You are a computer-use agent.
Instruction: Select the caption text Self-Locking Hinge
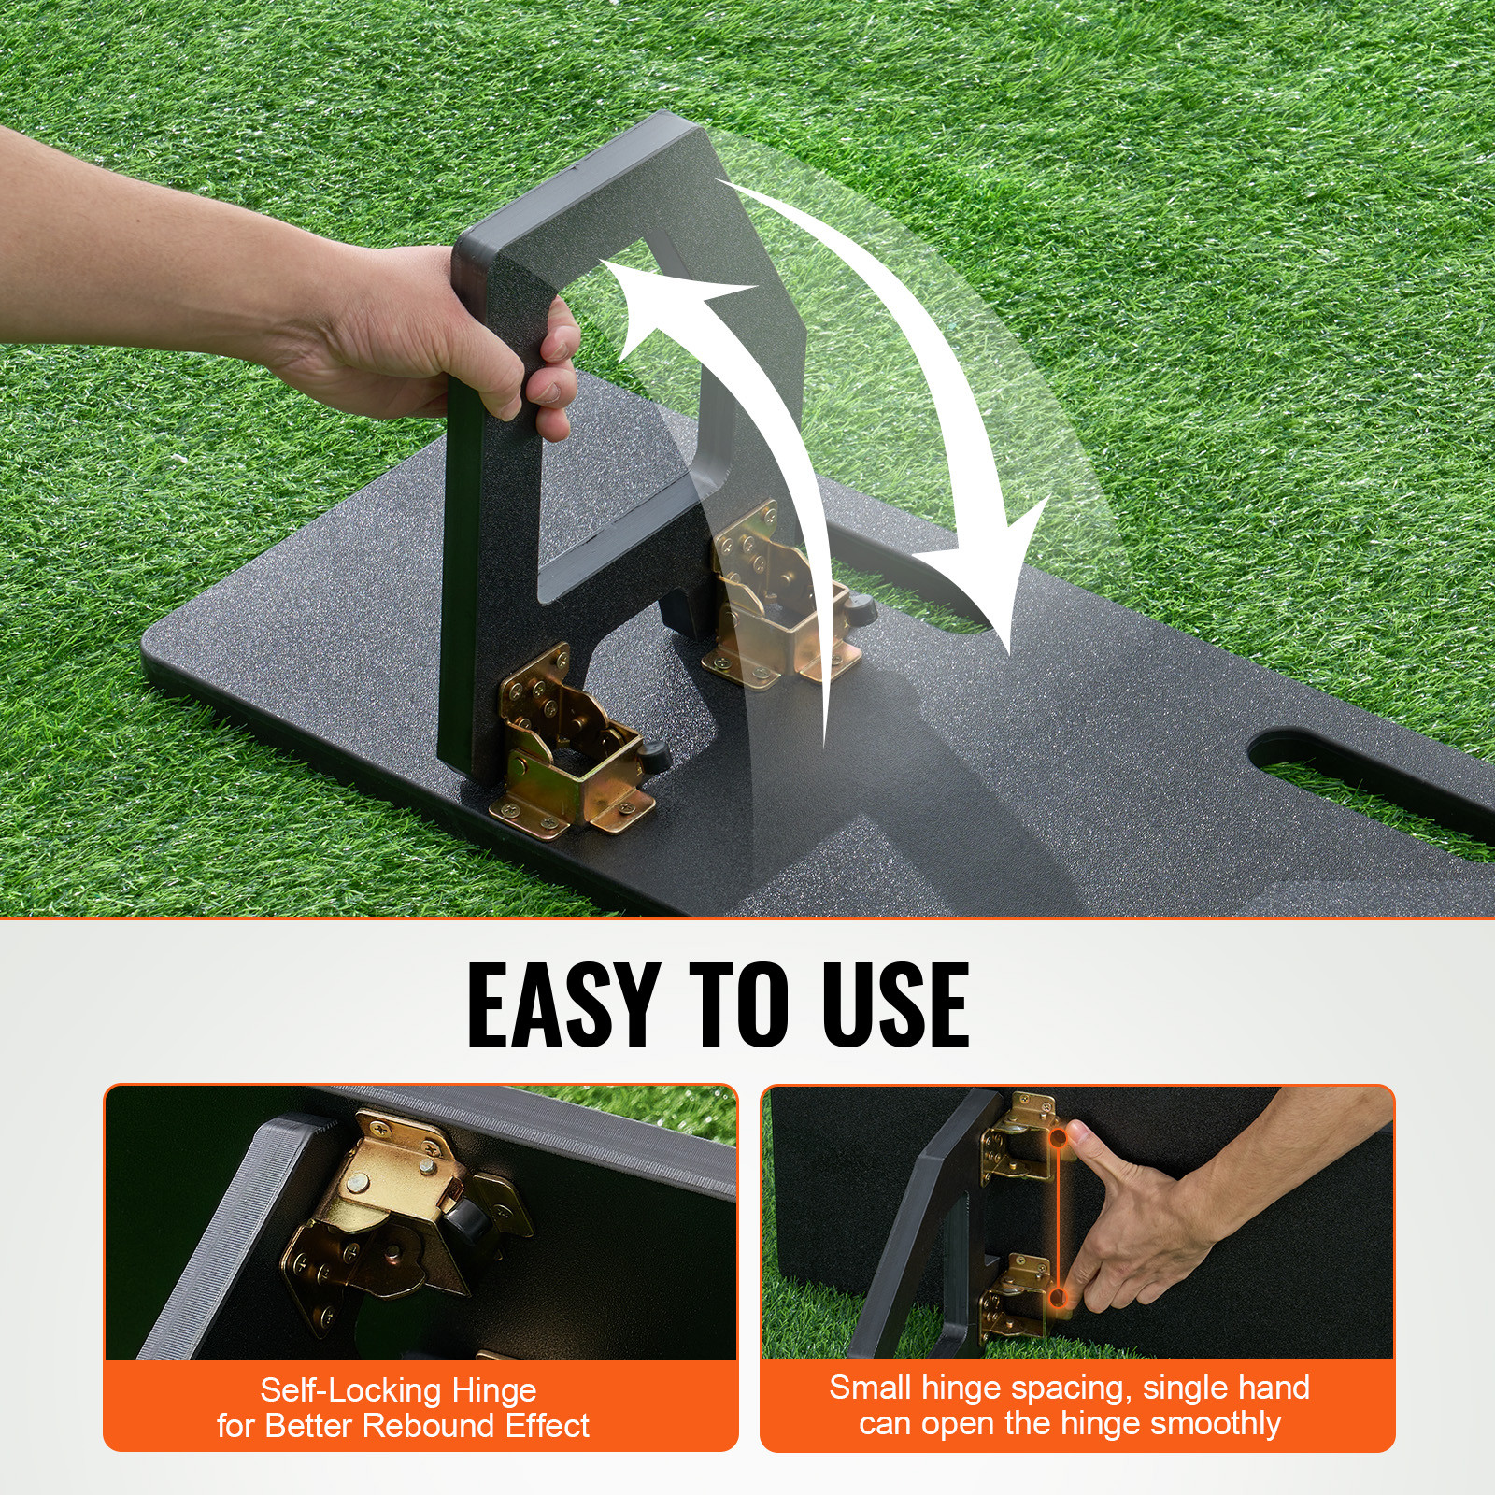tap(398, 1389)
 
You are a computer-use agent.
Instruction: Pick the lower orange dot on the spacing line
tap(1058, 1297)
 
